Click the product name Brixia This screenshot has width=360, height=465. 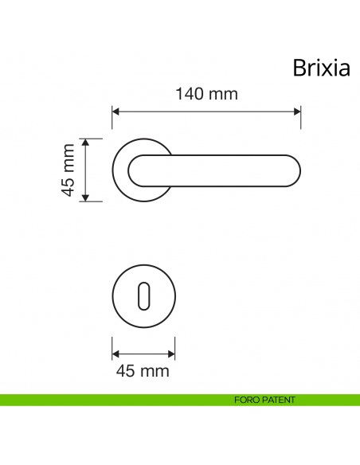pyautogui.click(x=321, y=68)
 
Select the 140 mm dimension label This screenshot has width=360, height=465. pyautogui.click(x=206, y=94)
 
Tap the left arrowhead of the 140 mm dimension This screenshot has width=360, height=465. pyautogui.click(x=115, y=111)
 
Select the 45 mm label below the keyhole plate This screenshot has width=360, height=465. pyautogui.click(x=143, y=371)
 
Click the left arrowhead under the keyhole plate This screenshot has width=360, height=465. pyautogui.click(x=115, y=354)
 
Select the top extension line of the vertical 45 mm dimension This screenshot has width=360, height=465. pyautogui.click(x=92, y=138)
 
